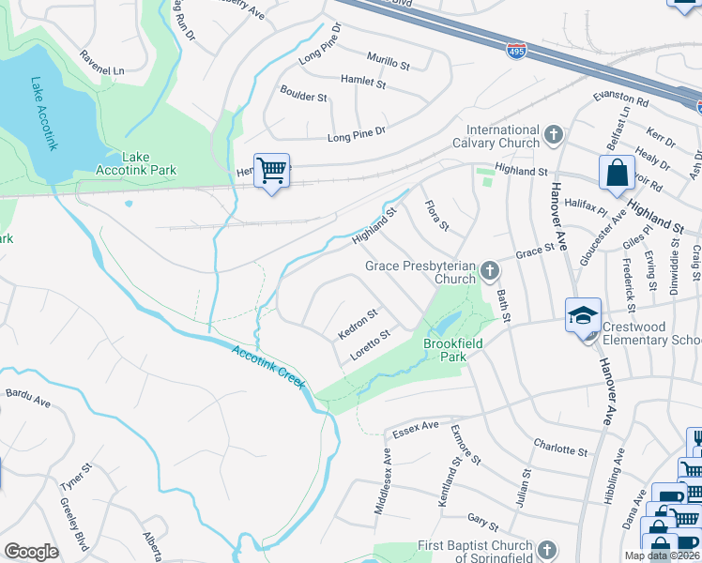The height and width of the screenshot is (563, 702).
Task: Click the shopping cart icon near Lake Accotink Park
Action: (271, 171)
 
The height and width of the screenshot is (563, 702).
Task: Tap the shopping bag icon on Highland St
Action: (617, 173)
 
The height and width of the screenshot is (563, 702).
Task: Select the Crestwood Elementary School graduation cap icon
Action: (582, 315)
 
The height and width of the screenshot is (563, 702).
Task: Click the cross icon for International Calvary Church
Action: (553, 134)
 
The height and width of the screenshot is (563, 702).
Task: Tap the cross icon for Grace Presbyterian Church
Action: (488, 271)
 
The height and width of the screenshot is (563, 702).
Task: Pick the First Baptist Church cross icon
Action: (548, 546)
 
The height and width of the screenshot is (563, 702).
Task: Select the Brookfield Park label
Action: (452, 350)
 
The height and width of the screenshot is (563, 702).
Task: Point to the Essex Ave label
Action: (416, 427)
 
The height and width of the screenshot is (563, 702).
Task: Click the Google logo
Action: (31, 552)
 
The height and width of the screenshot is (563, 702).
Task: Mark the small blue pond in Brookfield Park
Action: (445, 325)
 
